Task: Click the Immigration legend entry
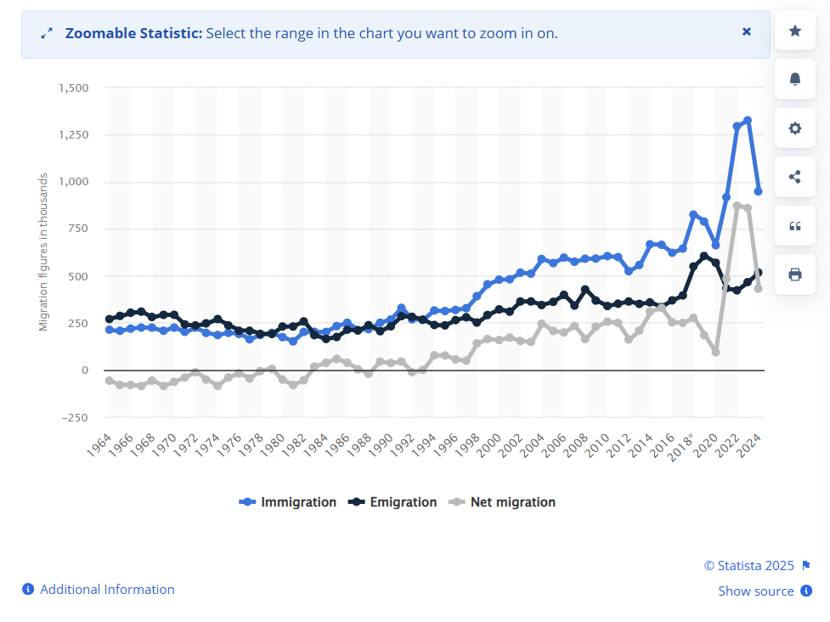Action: click(288, 502)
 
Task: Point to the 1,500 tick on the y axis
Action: click(73, 88)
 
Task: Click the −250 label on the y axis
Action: click(74, 417)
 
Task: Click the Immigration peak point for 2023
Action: click(748, 121)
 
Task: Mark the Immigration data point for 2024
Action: click(758, 191)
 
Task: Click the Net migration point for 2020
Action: click(715, 351)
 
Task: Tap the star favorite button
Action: click(795, 31)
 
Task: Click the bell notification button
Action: click(795, 79)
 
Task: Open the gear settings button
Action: click(795, 128)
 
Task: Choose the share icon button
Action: click(795, 177)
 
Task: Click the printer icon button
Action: click(795, 274)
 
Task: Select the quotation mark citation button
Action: click(795, 226)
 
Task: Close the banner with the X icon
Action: click(747, 32)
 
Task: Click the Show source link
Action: click(756, 591)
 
